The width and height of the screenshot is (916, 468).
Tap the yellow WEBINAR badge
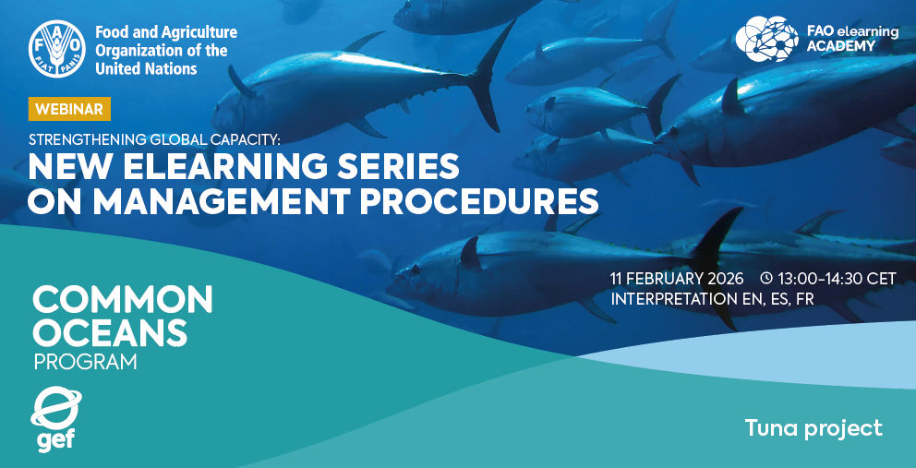69,109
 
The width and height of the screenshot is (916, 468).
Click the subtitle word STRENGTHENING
84,140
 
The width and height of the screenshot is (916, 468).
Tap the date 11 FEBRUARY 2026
677,278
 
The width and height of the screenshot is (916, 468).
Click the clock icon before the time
765,278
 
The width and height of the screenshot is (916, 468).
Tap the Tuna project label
814,428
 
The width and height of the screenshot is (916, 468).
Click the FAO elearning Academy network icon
766,39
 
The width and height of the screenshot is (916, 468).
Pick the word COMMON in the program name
123,300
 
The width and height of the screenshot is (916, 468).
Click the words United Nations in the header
146,68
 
